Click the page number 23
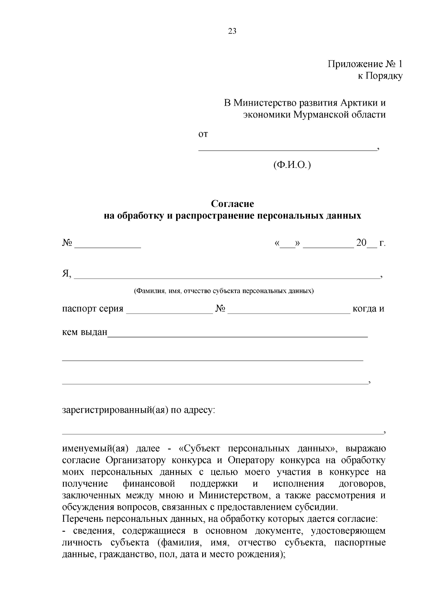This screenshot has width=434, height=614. (232, 31)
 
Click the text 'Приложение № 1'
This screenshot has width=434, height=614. (365, 64)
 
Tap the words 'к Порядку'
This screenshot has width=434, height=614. (380, 76)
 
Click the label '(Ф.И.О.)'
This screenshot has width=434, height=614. (292, 165)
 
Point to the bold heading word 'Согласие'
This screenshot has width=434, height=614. (233, 204)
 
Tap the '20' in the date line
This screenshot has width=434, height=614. (361, 243)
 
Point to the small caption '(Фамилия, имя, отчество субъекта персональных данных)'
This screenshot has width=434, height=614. (224, 291)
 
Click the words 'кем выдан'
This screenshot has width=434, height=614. (85, 332)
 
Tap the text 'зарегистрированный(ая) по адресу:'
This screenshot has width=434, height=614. (139, 410)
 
